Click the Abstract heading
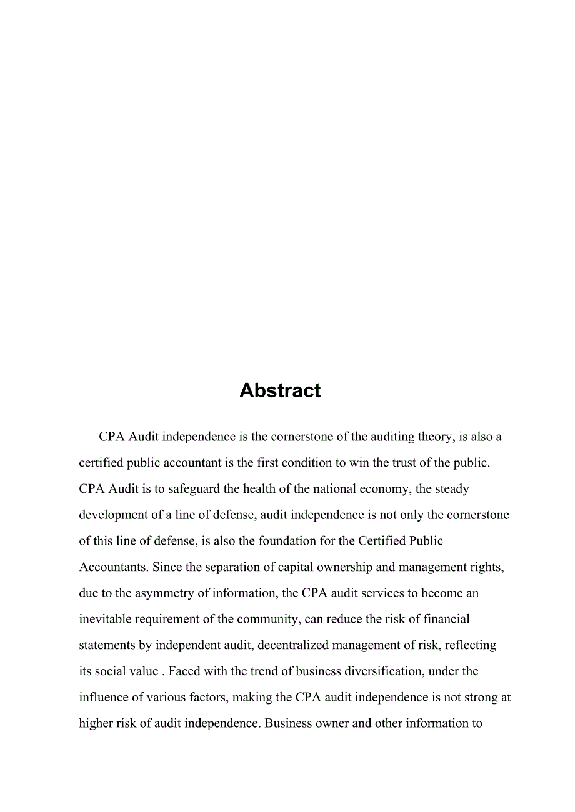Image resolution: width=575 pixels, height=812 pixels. pos(280,390)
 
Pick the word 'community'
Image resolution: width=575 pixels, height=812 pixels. pos(262,619)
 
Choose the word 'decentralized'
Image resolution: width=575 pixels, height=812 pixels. pos(293,645)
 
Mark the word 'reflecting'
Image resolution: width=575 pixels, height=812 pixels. pos(470,645)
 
